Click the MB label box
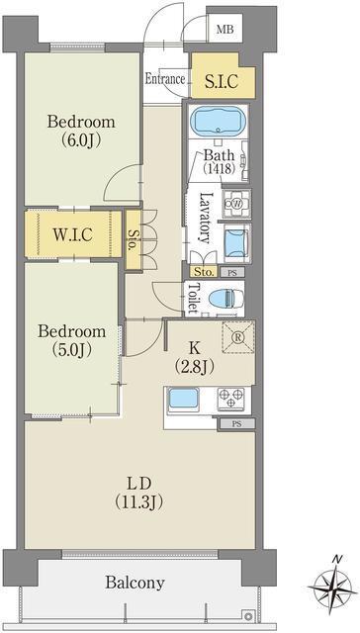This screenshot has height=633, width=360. (225, 29)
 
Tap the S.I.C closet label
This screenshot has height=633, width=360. (221, 82)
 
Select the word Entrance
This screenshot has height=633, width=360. (165, 79)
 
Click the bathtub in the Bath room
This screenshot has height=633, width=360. (219, 121)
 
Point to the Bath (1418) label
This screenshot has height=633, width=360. (219, 161)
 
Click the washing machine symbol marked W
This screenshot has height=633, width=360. (237, 204)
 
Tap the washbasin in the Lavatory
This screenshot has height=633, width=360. (236, 242)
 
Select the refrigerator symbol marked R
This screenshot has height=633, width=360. (238, 337)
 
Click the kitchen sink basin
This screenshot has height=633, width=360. (183, 399)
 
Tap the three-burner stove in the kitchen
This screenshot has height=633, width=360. (231, 399)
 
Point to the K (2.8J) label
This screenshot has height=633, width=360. (194, 357)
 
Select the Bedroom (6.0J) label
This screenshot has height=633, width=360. (81, 131)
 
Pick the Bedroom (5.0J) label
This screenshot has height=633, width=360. (72, 340)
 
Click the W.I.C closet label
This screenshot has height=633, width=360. (73, 233)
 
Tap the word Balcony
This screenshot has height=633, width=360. (135, 583)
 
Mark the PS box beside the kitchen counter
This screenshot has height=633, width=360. (237, 424)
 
